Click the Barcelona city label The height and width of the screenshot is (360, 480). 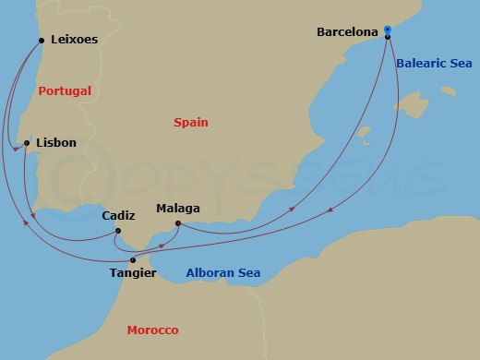point(347,31)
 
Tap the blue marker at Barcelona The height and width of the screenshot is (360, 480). point(388,30)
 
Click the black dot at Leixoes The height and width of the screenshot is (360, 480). point(40,39)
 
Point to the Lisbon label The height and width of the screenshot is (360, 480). point(55,143)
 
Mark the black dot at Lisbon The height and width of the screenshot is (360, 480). point(27,143)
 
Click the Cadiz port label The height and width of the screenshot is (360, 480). point(118,215)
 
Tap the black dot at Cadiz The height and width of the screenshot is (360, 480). point(118,231)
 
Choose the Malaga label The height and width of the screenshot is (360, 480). point(178,209)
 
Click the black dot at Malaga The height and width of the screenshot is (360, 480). point(177,223)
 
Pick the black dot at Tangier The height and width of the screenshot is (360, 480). point(133,260)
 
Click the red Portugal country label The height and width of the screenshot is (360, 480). point(65,91)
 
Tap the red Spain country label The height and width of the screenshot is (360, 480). point(191,122)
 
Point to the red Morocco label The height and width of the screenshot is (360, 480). point(153,330)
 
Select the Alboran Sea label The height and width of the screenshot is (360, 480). point(222,273)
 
